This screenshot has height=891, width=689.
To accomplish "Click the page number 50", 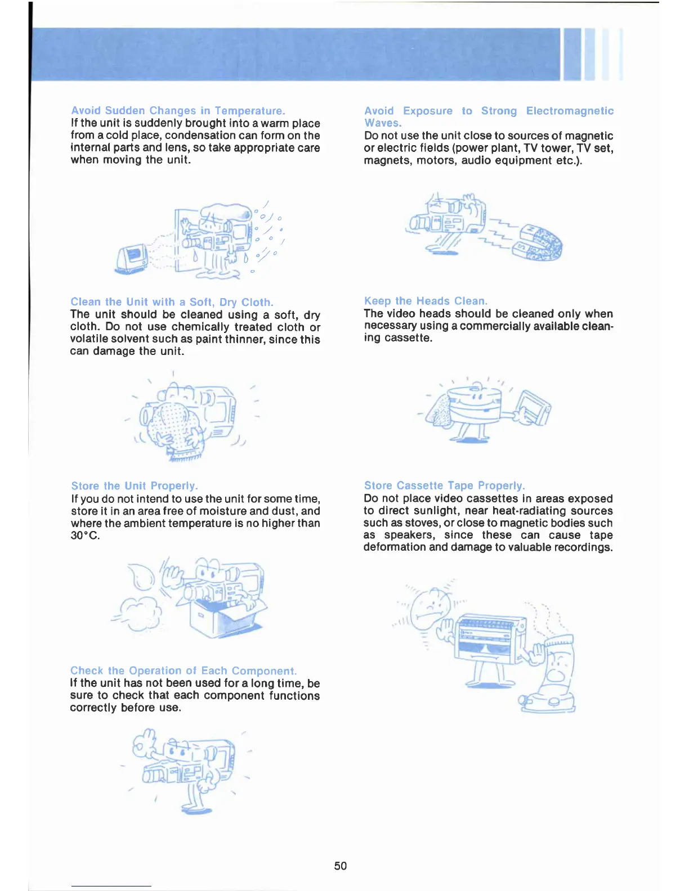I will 340,866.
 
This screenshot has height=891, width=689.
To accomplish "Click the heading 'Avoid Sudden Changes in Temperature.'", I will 178,111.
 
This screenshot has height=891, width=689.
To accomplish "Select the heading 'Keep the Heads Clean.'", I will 426,301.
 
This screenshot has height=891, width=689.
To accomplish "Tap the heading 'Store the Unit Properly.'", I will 135,485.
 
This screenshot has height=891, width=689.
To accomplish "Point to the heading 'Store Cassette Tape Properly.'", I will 444,485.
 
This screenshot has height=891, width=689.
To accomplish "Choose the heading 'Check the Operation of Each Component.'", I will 183,670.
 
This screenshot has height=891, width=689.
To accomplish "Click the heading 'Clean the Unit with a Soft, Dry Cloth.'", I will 172,302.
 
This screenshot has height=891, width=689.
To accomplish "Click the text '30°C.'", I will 85,535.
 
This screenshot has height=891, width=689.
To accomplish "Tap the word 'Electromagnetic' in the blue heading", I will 570,111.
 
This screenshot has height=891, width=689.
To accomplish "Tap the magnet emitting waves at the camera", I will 538,243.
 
